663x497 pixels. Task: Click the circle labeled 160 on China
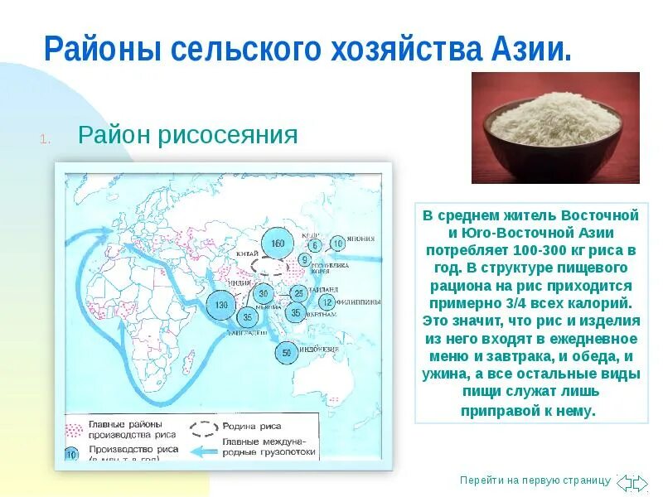(277, 242)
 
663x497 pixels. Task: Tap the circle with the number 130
(221, 305)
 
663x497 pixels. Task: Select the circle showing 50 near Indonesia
(287, 352)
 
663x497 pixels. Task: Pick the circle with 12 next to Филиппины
(327, 302)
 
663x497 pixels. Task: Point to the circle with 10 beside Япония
(337, 244)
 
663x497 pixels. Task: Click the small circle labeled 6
(315, 245)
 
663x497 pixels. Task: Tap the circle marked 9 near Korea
(304, 260)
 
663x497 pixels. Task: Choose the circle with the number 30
(264, 293)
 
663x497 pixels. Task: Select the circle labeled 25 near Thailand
(298, 293)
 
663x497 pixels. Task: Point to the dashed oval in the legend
(204, 429)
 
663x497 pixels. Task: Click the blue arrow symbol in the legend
(205, 451)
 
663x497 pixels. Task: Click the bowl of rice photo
(555, 128)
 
